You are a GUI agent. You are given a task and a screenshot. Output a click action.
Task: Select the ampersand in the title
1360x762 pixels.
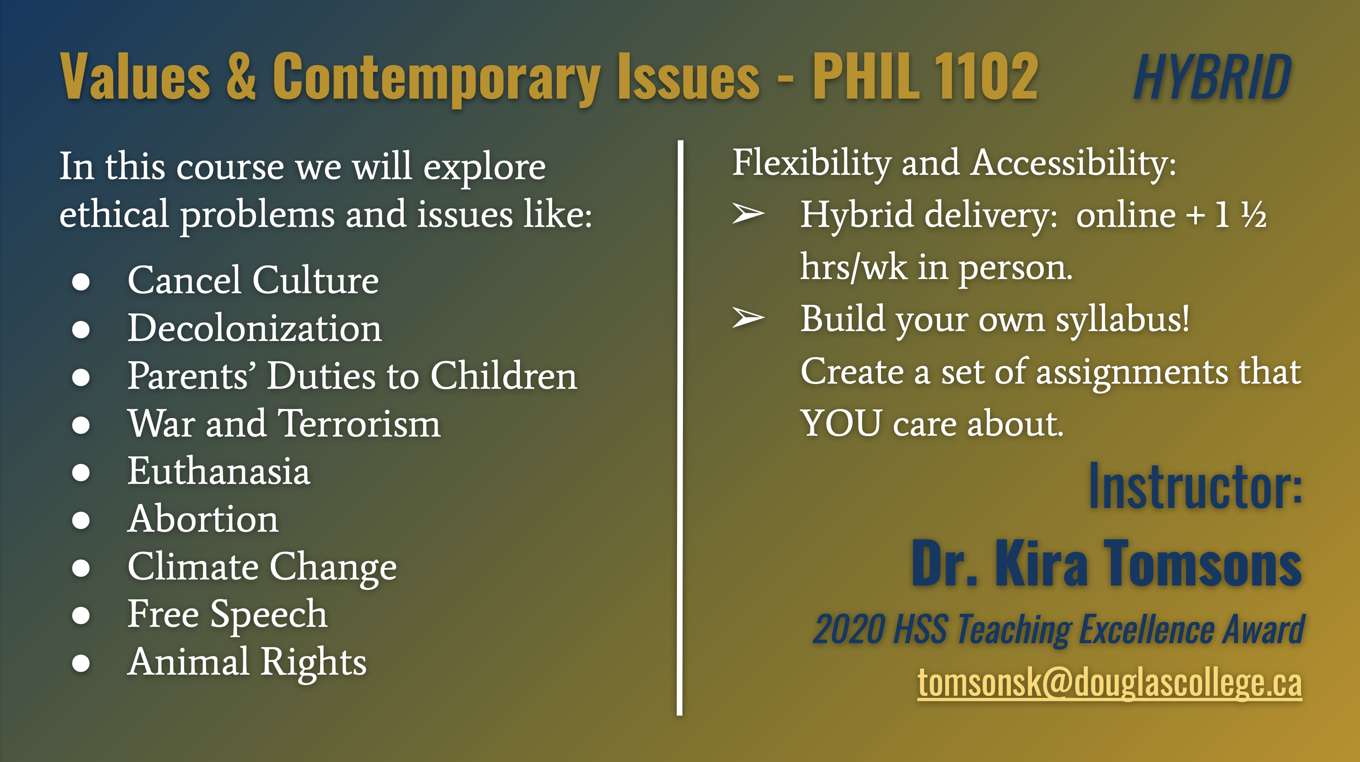tap(241, 77)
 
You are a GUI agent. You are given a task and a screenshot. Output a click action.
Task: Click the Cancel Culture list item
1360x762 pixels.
tap(253, 280)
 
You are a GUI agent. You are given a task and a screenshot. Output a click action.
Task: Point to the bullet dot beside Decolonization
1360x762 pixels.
tap(81, 329)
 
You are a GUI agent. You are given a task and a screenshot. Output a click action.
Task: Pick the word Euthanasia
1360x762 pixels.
tap(219, 471)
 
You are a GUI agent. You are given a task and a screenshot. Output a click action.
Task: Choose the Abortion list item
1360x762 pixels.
tap(203, 519)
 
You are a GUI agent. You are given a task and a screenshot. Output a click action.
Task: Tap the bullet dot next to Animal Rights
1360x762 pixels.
tap(81, 663)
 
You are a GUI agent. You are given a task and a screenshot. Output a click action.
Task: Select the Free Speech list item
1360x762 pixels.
tap(228, 615)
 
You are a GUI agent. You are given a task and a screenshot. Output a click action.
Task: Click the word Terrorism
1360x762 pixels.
tap(359, 424)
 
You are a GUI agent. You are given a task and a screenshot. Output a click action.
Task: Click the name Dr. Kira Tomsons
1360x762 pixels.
tap(1107, 564)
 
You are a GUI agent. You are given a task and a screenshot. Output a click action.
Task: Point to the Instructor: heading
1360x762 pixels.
tap(1195, 486)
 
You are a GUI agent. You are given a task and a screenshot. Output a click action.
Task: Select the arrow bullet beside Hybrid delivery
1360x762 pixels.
tap(748, 214)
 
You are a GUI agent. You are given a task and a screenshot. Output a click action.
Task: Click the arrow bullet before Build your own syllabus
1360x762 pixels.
tap(748, 318)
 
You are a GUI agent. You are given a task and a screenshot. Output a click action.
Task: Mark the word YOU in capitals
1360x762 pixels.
tap(841, 424)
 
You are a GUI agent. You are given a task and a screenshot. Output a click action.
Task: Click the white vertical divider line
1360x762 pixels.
tap(680, 428)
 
